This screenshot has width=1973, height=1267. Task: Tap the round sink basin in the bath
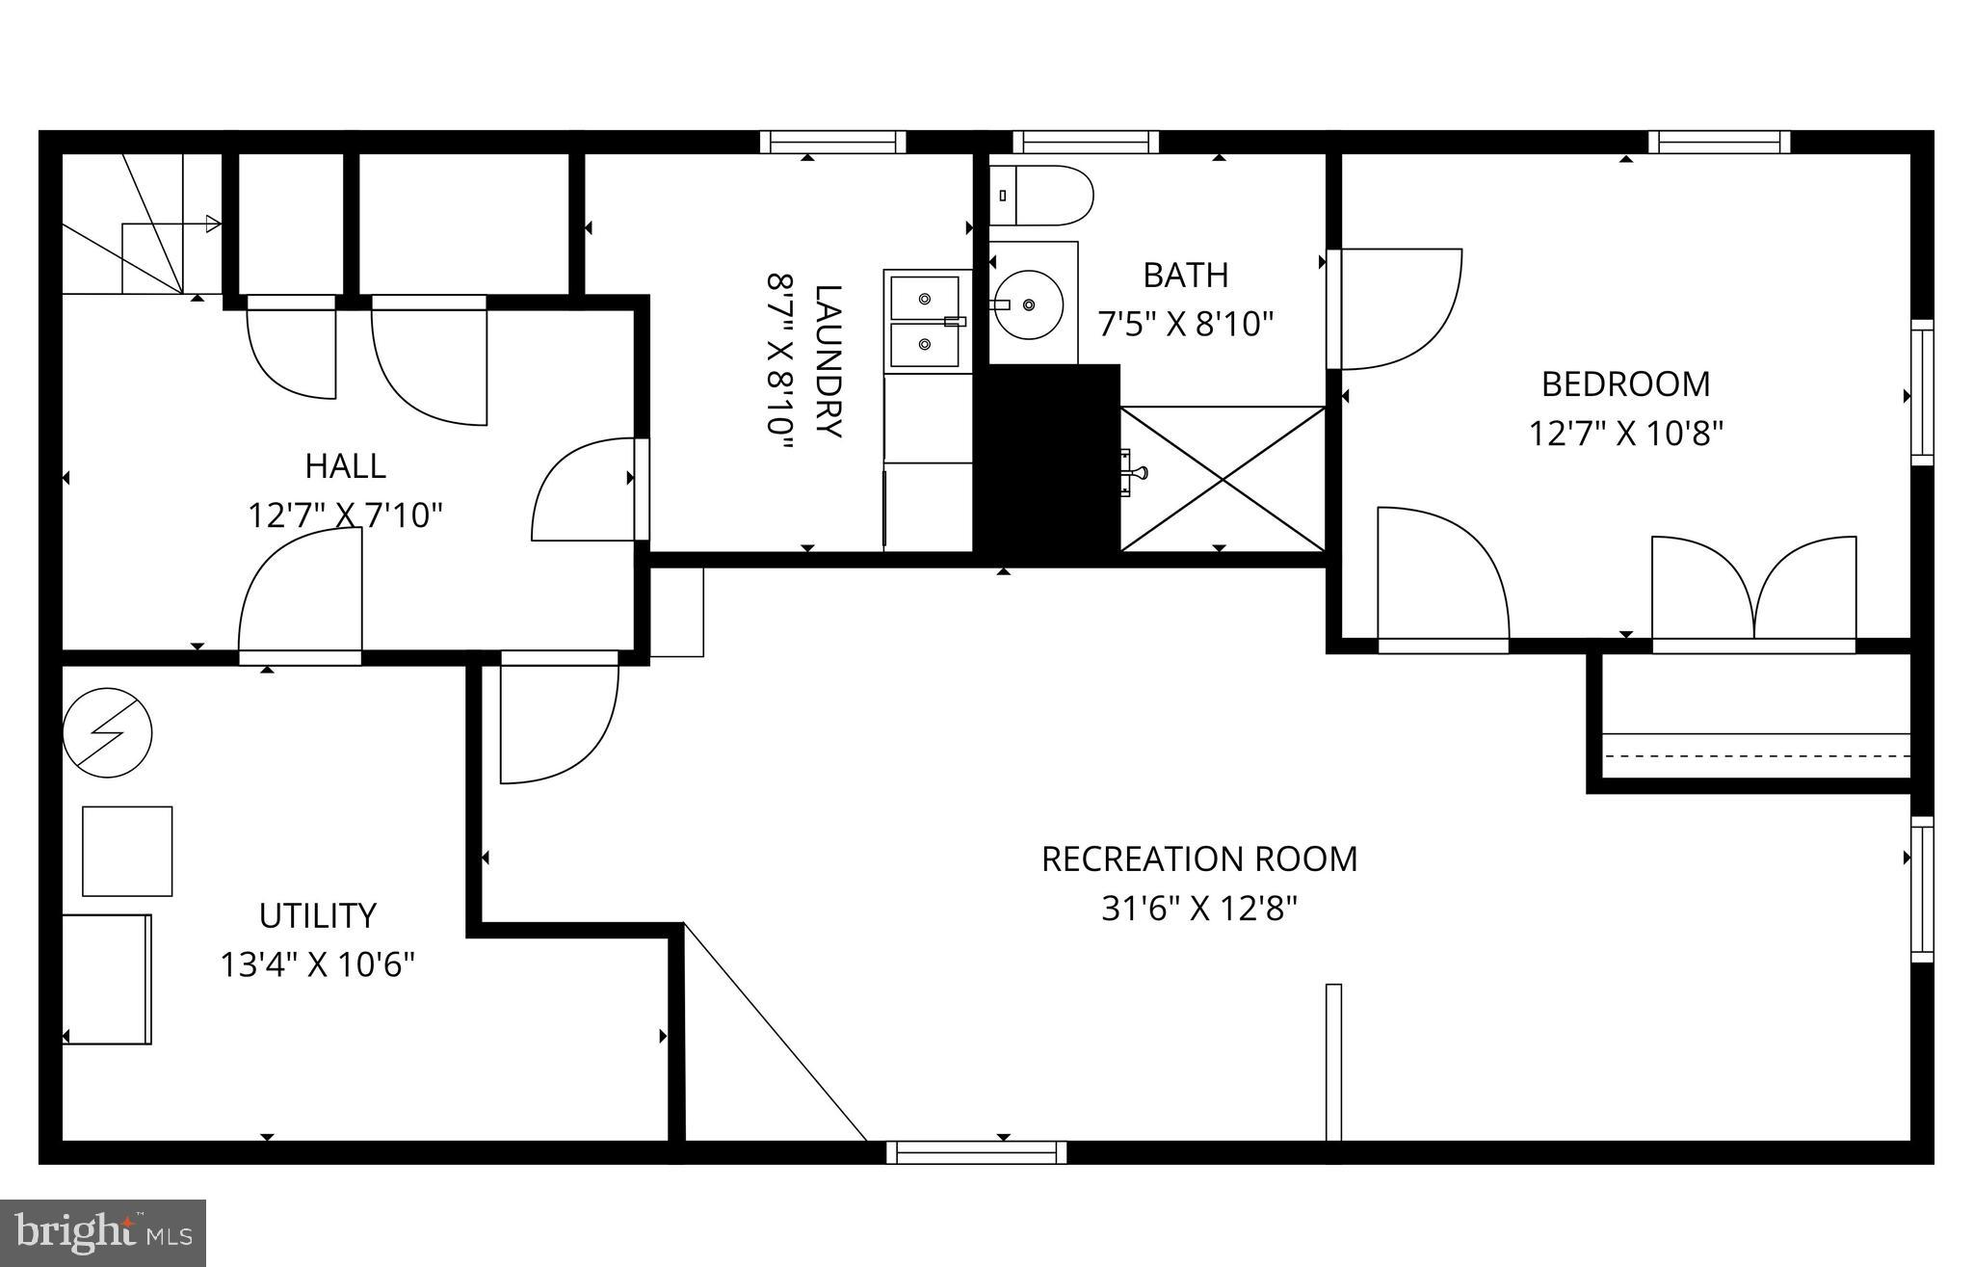1029,304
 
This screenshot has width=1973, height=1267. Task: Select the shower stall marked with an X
1223,479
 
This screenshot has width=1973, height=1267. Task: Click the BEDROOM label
1625,384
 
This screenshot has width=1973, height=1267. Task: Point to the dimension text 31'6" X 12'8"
1199,908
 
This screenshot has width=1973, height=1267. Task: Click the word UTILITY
317,914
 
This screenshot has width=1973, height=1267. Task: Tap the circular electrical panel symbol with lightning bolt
107,732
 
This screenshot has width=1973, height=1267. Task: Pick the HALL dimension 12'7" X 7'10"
345,515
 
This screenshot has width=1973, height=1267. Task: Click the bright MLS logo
103,1232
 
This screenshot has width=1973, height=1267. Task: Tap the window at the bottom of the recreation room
976,1151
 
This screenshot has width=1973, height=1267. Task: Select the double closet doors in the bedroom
1754,590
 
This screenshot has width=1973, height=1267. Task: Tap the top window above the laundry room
832,143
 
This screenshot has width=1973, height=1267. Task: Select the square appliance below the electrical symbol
127,851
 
